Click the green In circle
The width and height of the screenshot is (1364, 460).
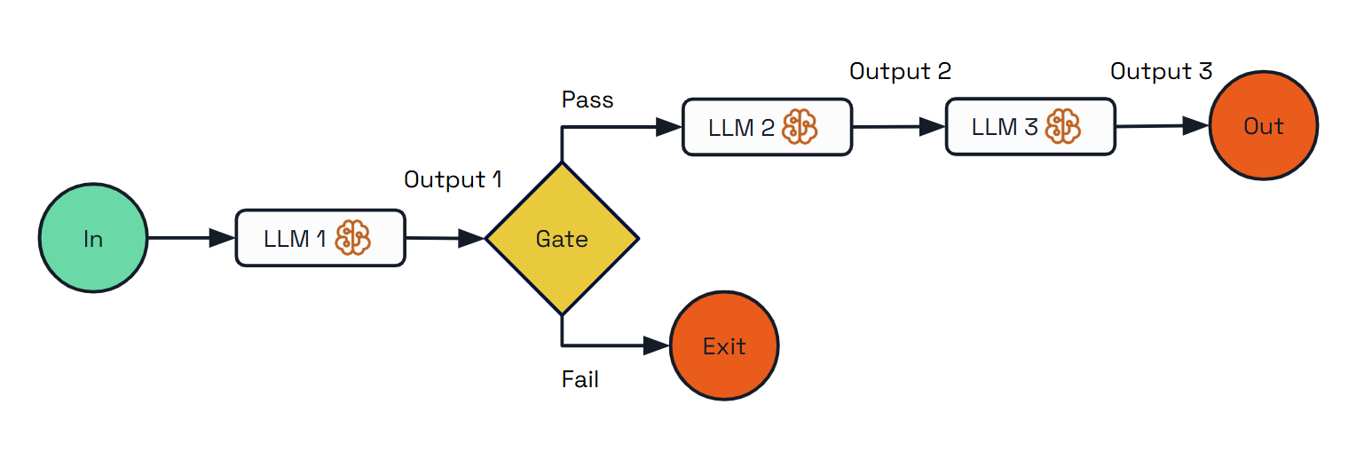pyautogui.click(x=92, y=239)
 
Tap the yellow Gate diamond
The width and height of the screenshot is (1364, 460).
pyautogui.click(x=562, y=239)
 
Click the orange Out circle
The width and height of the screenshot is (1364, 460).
pyautogui.click(x=1263, y=126)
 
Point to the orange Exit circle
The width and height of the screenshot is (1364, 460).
pyautogui.click(x=724, y=346)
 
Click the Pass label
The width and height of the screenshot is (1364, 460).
pyautogui.click(x=587, y=99)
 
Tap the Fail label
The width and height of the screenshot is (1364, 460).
pyautogui.click(x=580, y=380)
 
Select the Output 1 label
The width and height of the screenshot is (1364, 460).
pyautogui.click(x=453, y=179)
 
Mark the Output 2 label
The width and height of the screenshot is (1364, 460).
pyautogui.click(x=900, y=71)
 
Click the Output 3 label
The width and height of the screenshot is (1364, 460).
pyautogui.click(x=1161, y=71)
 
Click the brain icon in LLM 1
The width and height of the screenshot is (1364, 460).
pyautogui.click(x=352, y=238)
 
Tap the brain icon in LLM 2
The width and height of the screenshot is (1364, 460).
pyautogui.click(x=799, y=127)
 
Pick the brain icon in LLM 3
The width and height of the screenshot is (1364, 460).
pyautogui.click(x=1062, y=127)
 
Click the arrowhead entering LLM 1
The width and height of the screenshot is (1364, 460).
pyautogui.click(x=222, y=238)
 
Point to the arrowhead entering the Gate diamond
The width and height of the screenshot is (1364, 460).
pyautogui.click(x=472, y=238)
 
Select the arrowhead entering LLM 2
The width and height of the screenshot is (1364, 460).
pyautogui.click(x=669, y=127)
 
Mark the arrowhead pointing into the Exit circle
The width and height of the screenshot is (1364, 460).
pyautogui.click(x=657, y=346)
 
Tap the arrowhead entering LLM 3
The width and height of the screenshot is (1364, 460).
pyautogui.click(x=932, y=127)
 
